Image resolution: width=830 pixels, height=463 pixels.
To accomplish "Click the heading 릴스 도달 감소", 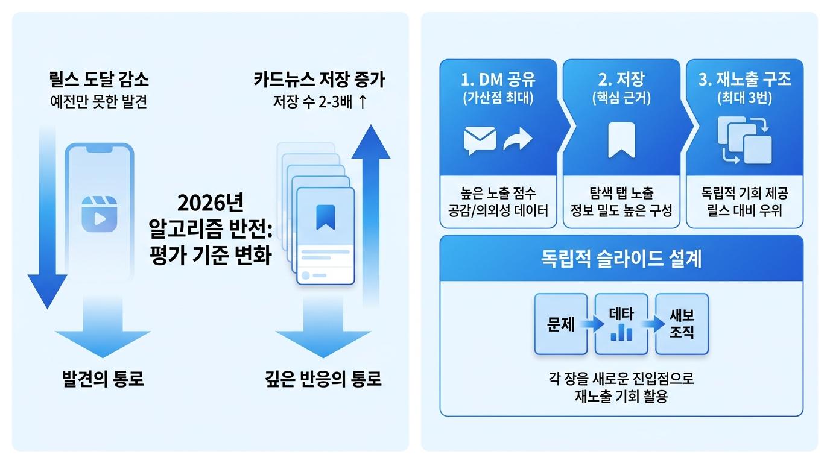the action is [99, 80].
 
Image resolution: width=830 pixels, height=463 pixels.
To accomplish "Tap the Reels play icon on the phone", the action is [100, 214].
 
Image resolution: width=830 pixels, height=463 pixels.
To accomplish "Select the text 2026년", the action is [211, 203].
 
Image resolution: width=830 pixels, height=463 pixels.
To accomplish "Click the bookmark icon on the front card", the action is [326, 218].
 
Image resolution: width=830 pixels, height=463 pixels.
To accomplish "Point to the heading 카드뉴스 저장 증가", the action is [320, 80].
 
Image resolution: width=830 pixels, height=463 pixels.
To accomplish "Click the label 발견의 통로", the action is [103, 379].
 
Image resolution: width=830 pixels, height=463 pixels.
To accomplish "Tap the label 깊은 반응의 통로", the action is [323, 379].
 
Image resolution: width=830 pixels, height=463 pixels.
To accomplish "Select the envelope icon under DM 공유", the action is [480, 140].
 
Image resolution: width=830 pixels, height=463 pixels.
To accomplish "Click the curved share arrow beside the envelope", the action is [518, 139].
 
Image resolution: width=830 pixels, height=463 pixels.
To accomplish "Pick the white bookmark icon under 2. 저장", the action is [621, 140].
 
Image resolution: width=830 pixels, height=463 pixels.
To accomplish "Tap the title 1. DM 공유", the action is [498, 80].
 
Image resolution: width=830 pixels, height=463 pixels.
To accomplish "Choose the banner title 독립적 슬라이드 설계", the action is [621, 259].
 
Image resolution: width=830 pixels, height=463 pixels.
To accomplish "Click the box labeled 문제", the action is [561, 324].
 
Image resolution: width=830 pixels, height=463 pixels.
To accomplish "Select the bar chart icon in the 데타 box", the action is [621, 332].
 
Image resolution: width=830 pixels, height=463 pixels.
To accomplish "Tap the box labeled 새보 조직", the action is [682, 324].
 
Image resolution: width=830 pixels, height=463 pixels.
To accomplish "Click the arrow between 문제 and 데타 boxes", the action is [592, 324].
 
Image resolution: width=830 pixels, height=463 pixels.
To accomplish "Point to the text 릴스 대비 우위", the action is [744, 211].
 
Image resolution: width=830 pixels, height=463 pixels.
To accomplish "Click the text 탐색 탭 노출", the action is [621, 193].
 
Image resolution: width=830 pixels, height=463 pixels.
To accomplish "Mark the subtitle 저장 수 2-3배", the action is [312, 101].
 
